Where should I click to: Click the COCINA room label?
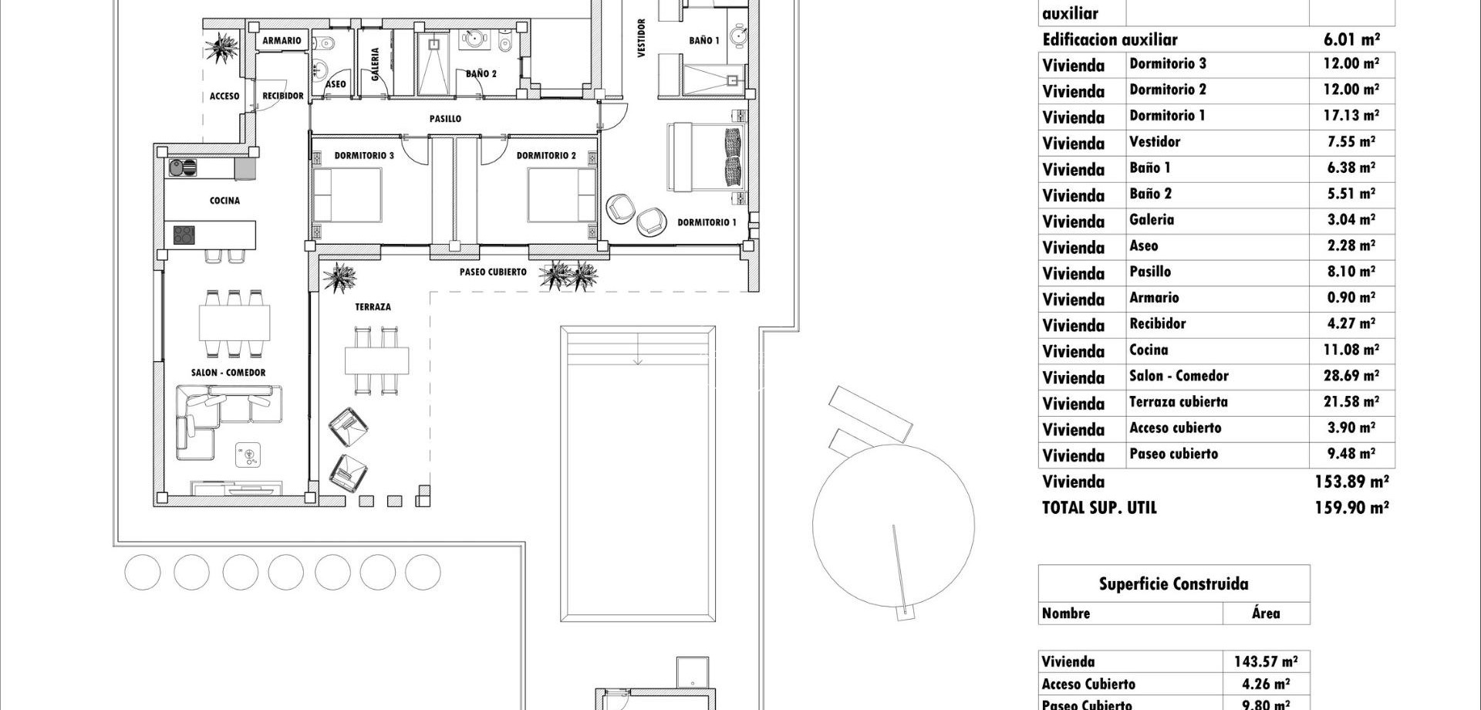coord(224,201)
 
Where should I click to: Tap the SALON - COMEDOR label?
coord(228,373)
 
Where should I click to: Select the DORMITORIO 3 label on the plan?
coord(364,156)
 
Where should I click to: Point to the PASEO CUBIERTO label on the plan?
coord(493,272)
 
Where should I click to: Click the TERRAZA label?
coord(373,307)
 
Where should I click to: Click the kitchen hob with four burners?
coord(184,235)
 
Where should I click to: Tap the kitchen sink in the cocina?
coord(183,167)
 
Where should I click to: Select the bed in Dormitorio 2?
coord(562,195)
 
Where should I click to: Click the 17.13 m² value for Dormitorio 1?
coord(1351,116)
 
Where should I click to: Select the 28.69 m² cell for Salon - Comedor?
coord(1351,377)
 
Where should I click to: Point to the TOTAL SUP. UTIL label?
coord(1099,508)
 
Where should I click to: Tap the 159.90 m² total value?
coord(1351,508)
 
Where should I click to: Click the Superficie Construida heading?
coord(1173,584)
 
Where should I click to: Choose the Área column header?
coord(1266,614)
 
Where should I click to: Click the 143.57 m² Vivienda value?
coord(1265,661)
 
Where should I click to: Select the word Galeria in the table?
coord(1152,220)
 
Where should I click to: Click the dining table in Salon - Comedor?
coord(234,323)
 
